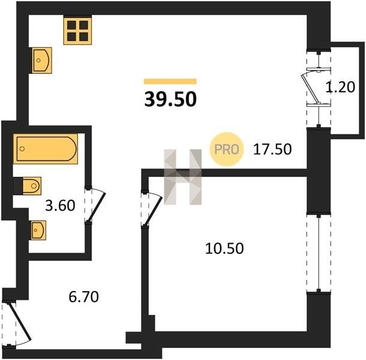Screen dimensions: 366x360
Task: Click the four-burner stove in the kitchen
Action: tap(77, 30)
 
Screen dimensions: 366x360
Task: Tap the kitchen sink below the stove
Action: tap(41, 61)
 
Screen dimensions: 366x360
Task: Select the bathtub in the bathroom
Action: tap(46, 149)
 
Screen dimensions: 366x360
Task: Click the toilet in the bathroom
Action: tap(32, 186)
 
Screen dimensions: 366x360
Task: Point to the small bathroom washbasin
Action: tap(38, 230)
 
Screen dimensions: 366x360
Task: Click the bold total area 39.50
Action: tap(170, 99)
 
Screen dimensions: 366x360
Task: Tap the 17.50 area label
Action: tap(272, 149)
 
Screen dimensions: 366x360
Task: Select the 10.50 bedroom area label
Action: tap(224, 248)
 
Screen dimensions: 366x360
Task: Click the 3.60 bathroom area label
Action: tap(60, 206)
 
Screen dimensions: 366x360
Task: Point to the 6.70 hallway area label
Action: tap(84, 297)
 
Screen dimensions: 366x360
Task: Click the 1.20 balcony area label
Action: tap(340, 87)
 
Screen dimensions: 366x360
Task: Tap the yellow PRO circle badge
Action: tap(227, 149)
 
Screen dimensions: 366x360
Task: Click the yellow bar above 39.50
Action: tap(170, 81)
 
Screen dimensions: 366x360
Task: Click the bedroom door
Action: tap(153, 208)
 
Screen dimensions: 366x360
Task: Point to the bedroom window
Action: tap(319, 253)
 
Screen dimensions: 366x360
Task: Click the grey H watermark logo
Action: tap(183, 177)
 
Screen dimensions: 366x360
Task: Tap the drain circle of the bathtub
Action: tap(22, 149)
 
